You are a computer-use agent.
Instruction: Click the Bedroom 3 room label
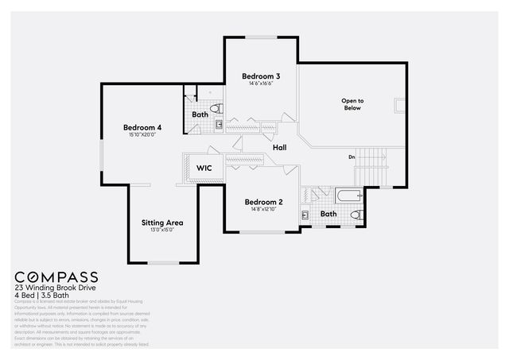pos(262,76)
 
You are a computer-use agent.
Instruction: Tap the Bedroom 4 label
pos(142,127)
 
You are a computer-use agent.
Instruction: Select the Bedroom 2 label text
pos(263,202)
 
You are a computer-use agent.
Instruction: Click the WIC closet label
pos(204,168)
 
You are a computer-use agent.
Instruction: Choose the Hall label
pos(279,148)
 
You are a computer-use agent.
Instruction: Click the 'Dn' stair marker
pos(352,157)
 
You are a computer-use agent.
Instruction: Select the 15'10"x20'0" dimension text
pos(142,135)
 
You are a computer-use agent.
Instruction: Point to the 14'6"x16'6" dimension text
pos(261,83)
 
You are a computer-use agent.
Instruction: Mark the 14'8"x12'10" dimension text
pos(263,210)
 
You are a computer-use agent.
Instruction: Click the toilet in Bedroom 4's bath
pos(216,108)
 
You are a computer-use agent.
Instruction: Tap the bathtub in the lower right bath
pos(348,194)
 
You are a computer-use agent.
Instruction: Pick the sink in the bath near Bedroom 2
pos(305,215)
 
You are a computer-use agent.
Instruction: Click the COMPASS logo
pos(56,277)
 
